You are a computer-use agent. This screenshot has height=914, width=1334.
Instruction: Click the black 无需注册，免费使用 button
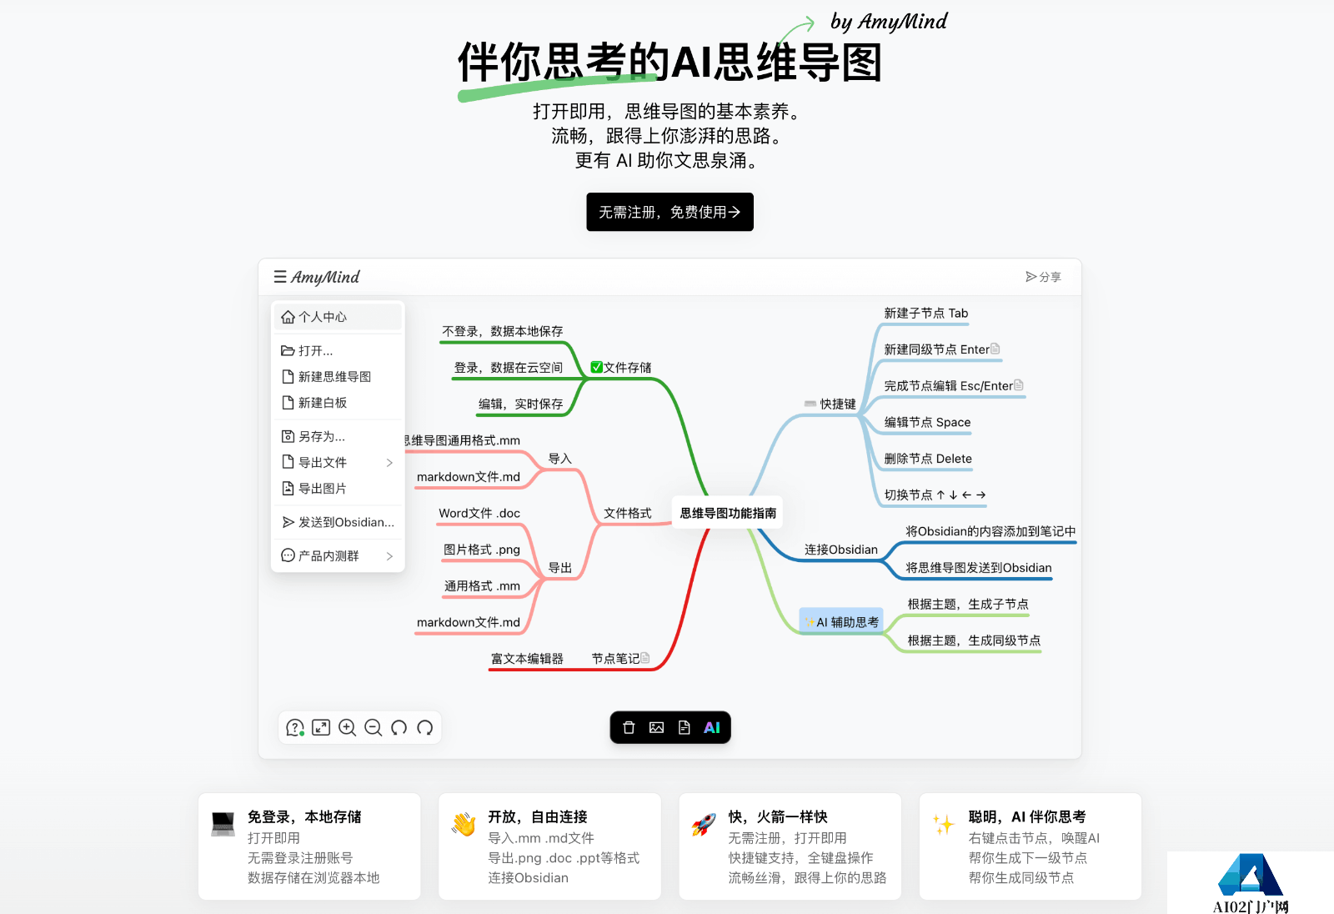(670, 212)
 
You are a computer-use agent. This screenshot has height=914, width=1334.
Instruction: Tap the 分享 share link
(1043, 277)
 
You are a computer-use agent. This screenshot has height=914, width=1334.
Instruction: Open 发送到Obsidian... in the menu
(338, 523)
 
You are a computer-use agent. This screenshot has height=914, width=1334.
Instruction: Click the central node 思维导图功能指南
(727, 513)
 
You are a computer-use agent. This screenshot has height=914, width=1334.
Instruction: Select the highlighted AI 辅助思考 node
(841, 622)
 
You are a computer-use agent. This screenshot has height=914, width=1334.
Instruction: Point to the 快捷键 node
(830, 404)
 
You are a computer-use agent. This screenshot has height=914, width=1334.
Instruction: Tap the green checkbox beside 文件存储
(596, 367)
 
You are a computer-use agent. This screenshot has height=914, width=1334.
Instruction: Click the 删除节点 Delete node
(928, 459)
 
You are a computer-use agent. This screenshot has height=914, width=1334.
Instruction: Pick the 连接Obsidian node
(841, 550)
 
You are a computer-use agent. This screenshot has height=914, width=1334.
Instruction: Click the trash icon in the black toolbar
(629, 727)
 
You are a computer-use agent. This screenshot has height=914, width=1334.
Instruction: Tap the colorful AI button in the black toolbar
(712, 727)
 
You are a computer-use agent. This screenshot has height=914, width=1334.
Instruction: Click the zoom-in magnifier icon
(347, 727)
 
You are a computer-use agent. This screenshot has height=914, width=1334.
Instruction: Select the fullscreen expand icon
(321, 727)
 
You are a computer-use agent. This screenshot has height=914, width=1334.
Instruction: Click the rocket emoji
(704, 825)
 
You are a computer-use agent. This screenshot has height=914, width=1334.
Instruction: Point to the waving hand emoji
(464, 825)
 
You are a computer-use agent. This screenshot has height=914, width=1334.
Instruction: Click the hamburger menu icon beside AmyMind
(280, 277)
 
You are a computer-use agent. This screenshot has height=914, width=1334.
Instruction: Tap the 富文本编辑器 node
(527, 658)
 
